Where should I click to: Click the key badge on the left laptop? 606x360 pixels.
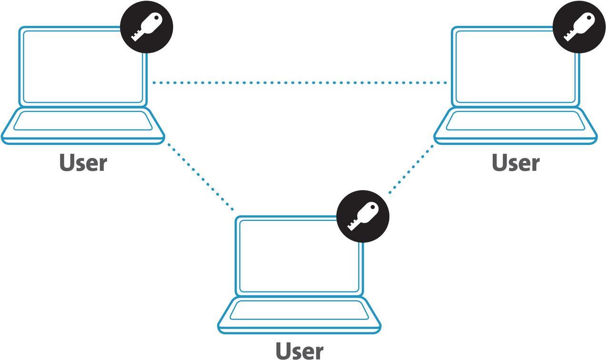[146, 27]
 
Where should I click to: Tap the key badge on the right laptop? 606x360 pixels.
[579, 27]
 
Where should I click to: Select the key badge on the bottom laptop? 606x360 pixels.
[363, 216]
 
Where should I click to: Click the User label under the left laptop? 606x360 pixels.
[83, 163]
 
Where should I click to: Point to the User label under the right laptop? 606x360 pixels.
[516, 163]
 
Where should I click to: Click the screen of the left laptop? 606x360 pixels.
[83, 67]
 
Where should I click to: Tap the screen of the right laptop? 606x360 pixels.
[515, 67]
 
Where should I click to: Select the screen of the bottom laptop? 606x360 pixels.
[299, 256]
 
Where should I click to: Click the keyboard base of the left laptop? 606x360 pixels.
[83, 125]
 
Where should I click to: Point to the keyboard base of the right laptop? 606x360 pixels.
[515, 125]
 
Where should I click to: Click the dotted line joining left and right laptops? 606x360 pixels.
[299, 83]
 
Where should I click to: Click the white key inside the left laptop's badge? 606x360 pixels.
[147, 26]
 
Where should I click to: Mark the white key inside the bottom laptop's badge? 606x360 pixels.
[363, 216]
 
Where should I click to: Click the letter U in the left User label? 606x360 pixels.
[68, 162]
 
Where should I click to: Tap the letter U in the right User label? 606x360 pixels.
[500, 162]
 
